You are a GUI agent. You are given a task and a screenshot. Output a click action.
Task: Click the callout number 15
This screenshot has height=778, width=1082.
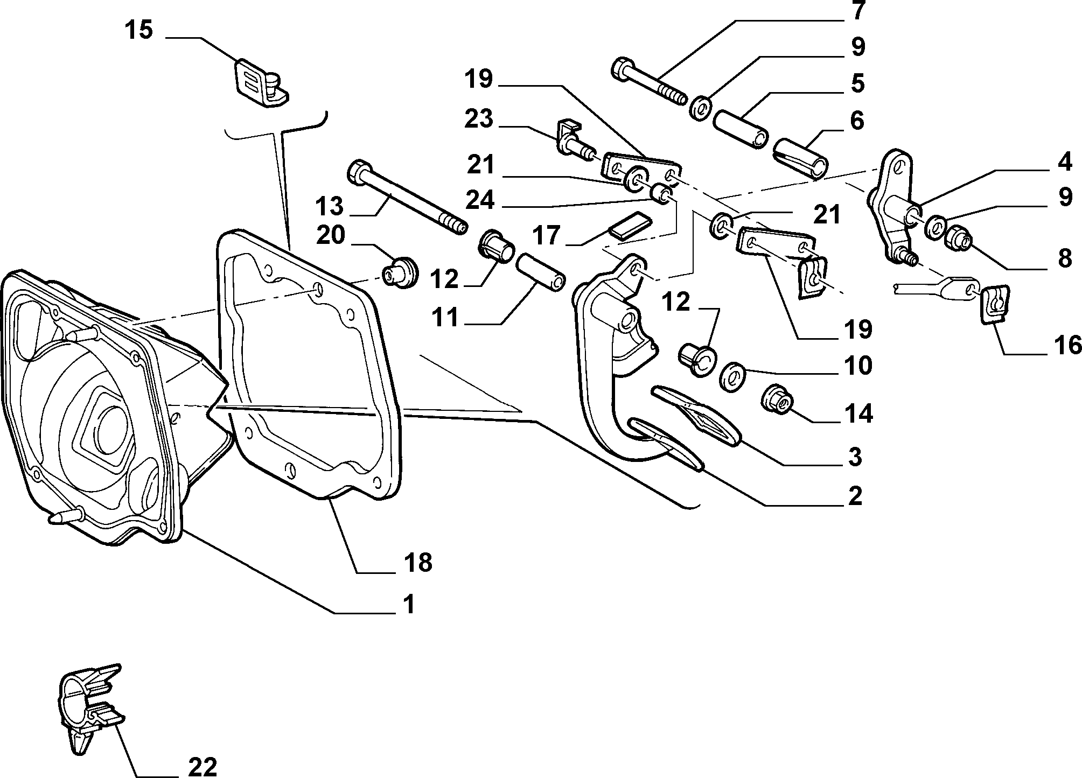click(138, 30)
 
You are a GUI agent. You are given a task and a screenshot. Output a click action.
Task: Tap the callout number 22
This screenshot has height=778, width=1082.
click(203, 766)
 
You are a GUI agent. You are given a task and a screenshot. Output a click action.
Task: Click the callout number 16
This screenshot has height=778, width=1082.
click(1067, 345)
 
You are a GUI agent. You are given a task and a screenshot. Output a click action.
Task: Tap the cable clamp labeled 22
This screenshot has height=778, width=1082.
click(90, 704)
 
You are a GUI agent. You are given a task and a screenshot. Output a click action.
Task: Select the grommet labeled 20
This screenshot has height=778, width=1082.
click(400, 272)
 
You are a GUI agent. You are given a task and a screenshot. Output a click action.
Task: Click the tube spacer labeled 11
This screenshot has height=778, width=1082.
click(541, 272)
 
